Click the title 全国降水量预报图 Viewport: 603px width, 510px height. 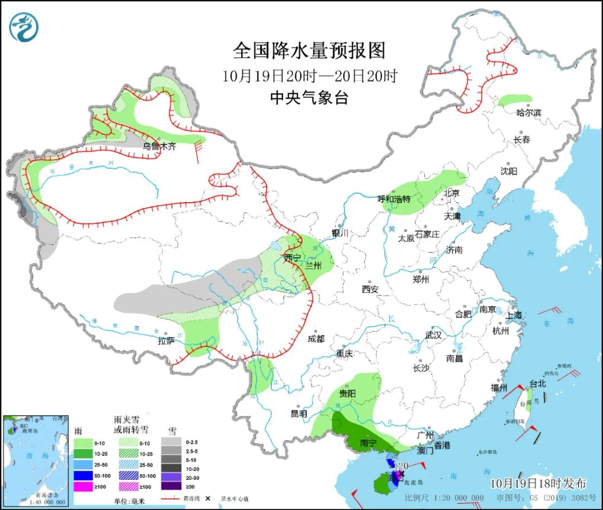pos(309,51)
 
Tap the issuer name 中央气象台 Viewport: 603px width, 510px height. pos(309,98)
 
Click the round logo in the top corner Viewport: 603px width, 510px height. pos(24,27)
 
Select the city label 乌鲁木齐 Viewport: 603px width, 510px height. pos(159,146)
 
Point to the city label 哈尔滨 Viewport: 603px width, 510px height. pos(528,113)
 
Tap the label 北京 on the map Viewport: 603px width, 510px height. pos(451,193)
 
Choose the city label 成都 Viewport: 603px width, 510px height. pos(315,339)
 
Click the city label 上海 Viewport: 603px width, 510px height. pos(514,315)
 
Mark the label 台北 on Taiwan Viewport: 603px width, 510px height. pos(537,384)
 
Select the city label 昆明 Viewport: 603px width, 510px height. pos(299,414)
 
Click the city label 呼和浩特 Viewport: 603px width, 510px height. pos(394,199)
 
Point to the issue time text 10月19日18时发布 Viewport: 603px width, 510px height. pos(538,483)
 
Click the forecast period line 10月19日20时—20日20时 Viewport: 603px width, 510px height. pos(309,75)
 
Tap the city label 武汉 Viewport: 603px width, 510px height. pos(433,335)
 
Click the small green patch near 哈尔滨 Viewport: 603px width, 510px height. pos(514,101)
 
